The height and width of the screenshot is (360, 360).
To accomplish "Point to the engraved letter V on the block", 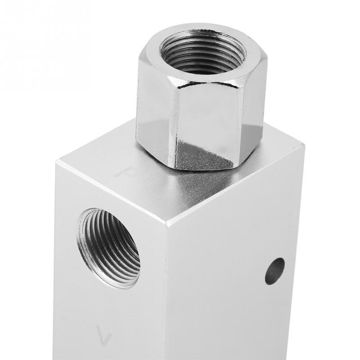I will tap(103, 335).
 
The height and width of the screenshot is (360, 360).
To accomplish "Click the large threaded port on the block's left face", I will tap(110, 247).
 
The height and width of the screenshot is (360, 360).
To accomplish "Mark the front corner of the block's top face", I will tap(167, 224).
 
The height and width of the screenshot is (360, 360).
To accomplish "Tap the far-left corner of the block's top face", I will tap(57, 161).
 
